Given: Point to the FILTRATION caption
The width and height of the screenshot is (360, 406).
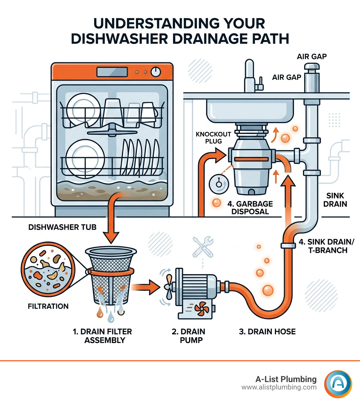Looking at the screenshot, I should click(48, 306).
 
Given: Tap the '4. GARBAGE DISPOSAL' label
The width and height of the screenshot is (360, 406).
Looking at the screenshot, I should click(250, 208).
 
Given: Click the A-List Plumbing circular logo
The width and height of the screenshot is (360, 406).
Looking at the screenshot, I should click(338, 383).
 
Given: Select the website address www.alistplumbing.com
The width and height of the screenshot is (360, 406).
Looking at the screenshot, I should click(279, 387).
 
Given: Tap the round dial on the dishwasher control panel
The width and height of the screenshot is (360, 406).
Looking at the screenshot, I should click(155, 72).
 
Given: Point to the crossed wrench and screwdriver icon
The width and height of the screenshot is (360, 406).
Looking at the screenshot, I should click(203, 246).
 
